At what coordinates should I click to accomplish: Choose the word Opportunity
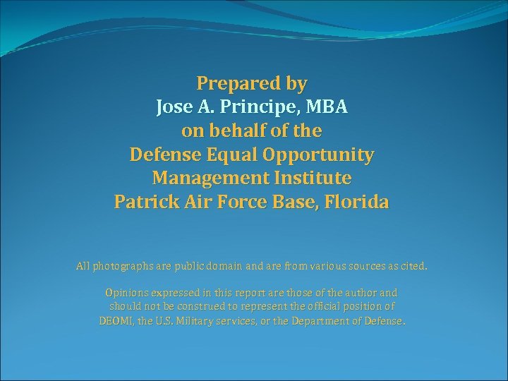click(322, 155)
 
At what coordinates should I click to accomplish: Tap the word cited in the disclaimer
click(412, 267)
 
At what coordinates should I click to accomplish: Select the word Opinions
click(126, 292)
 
